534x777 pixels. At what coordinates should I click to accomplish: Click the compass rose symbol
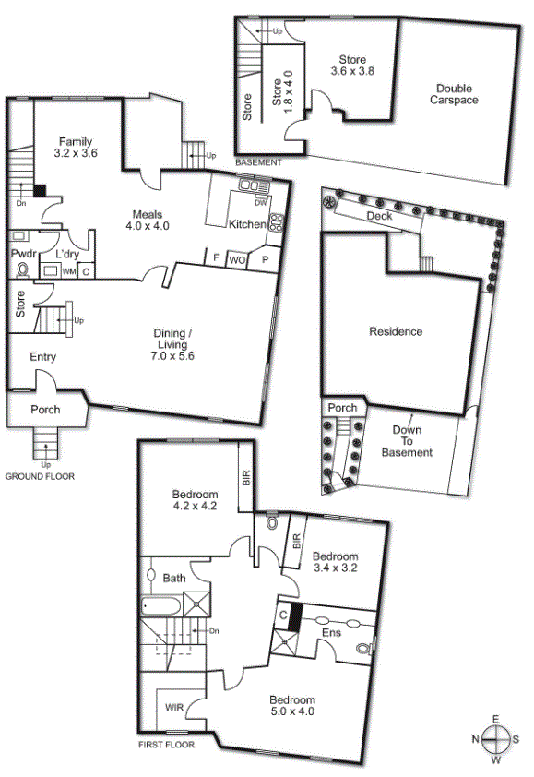(x=495, y=739)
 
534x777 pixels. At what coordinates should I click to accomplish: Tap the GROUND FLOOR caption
(x=40, y=476)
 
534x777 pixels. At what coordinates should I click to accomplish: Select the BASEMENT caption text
(x=258, y=162)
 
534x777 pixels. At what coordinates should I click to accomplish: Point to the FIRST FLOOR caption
(x=166, y=745)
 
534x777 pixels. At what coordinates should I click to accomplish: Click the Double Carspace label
(x=454, y=94)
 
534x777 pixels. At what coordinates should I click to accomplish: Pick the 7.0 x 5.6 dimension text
(x=172, y=356)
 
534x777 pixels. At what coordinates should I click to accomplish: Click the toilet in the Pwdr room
(x=22, y=269)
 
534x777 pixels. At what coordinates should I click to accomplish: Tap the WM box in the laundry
(x=68, y=271)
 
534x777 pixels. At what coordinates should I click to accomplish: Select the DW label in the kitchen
(x=261, y=203)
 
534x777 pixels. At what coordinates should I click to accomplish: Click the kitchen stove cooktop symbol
(x=277, y=222)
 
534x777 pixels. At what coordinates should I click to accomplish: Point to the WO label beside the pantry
(x=237, y=260)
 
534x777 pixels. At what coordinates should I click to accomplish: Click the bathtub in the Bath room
(x=161, y=606)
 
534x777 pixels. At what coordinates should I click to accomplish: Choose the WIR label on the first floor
(x=174, y=708)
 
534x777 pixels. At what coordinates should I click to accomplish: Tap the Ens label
(x=331, y=633)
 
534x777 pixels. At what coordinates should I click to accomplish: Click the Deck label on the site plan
(x=379, y=216)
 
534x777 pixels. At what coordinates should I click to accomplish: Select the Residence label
(x=396, y=331)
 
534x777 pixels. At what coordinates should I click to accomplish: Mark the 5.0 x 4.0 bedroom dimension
(x=292, y=711)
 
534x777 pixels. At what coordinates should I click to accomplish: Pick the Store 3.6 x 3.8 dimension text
(x=352, y=71)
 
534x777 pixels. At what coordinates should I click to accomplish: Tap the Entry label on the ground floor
(x=42, y=357)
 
